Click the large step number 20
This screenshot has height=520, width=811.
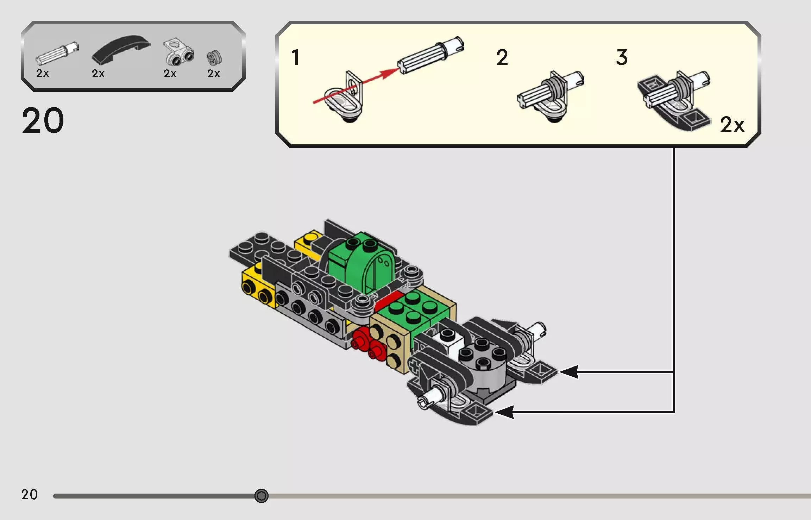pos(43,120)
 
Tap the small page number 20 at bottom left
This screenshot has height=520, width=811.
pos(29,494)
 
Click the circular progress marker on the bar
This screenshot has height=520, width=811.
pos(261,496)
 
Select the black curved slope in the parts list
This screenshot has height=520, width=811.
pos(121,49)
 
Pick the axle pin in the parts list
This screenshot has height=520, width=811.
pos(57,54)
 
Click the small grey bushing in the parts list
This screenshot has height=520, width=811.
pos(214,58)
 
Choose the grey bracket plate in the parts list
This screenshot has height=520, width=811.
pos(178,52)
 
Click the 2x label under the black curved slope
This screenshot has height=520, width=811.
pos(98,73)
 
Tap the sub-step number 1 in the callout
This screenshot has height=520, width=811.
pos(295,57)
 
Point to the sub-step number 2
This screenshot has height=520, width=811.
pos(502,57)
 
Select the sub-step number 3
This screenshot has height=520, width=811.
pos(622,57)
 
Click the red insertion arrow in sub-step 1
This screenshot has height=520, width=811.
pos(356,86)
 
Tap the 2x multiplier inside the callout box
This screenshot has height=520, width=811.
pos(732,125)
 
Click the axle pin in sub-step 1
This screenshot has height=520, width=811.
pos(431,56)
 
